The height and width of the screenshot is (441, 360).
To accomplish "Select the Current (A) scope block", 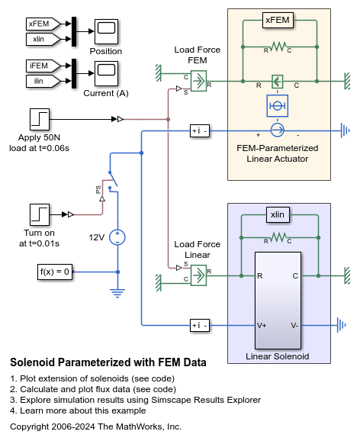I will coord(105,74).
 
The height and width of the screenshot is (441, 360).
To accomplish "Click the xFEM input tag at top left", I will coord(38,24).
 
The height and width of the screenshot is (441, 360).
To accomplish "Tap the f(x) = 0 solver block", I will coord(56,272).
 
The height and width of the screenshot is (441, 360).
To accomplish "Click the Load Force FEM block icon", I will coord(198,80).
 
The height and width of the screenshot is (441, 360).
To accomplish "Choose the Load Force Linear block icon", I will coord(198,273).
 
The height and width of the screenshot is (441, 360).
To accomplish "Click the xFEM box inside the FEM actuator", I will coord(278,20).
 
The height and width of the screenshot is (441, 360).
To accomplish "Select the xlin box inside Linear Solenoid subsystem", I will coord(278,214).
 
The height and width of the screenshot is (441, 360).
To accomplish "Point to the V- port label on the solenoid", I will coord(294,325).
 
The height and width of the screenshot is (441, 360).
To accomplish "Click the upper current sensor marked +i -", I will coord(199,130).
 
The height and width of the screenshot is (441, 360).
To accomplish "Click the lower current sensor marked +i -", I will coord(199,326).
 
